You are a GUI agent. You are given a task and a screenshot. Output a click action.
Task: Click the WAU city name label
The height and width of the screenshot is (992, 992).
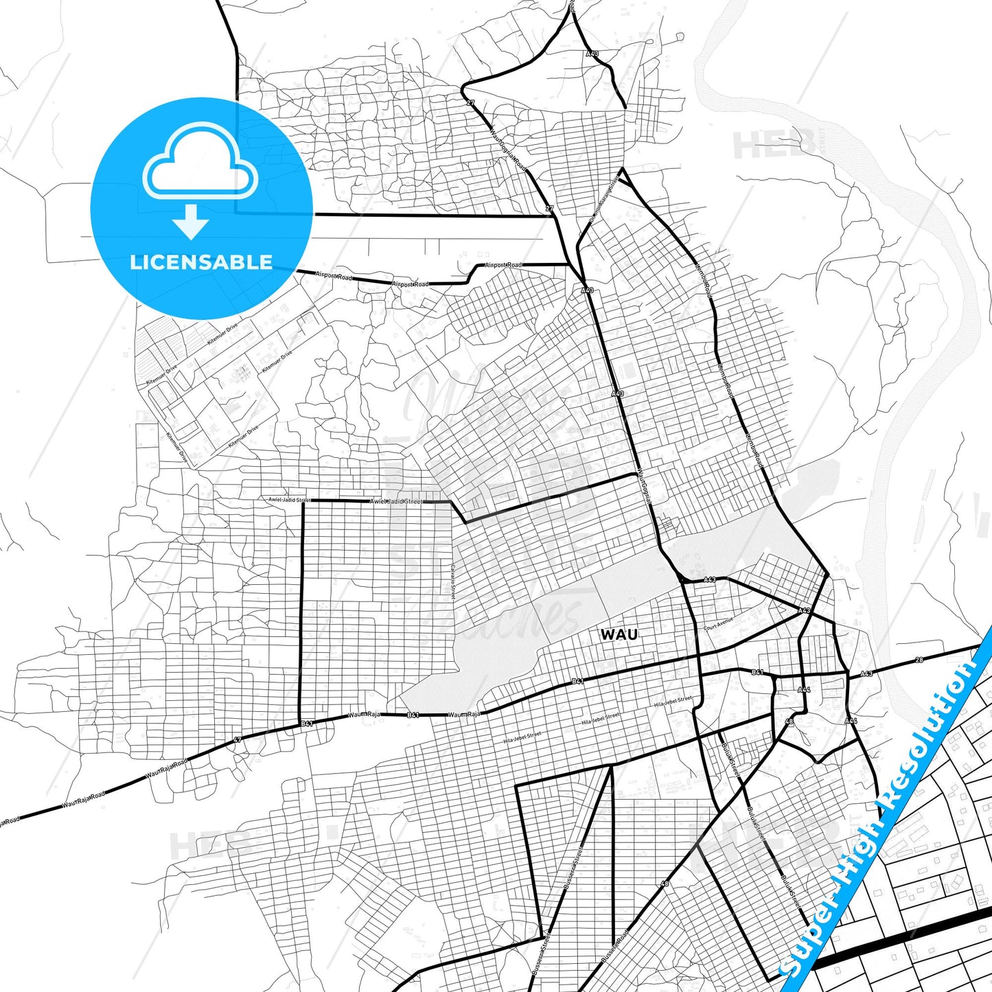[x=619, y=634]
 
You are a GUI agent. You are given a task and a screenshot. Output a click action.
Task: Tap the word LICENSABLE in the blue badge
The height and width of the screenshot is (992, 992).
[x=201, y=262]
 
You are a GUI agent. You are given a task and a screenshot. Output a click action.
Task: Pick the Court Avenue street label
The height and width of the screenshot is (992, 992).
[x=719, y=623]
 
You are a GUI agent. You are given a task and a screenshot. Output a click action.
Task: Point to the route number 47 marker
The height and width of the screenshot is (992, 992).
[x=238, y=739]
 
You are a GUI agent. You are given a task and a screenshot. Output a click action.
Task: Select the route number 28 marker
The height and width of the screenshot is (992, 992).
[x=919, y=660]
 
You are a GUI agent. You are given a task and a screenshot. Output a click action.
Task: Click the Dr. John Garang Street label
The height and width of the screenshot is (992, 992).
[x=604, y=197]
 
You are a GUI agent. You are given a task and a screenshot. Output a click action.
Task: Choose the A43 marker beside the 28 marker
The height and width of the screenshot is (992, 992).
[x=866, y=673]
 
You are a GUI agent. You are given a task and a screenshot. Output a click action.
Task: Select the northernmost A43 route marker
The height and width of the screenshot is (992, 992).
[x=592, y=53]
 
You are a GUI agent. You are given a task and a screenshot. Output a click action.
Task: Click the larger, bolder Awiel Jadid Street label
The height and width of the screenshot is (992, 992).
[x=396, y=501]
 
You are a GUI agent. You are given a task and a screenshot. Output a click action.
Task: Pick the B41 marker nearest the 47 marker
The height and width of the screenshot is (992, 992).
[x=307, y=724]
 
